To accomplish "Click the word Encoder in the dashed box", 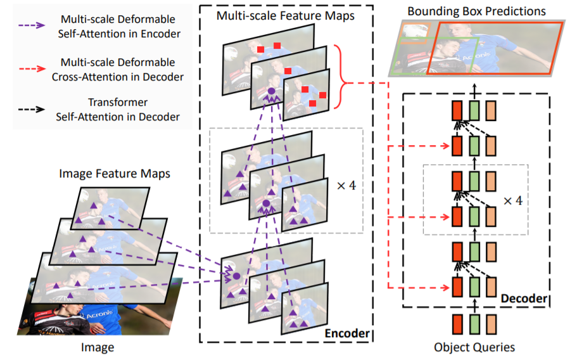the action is click(x=347, y=333).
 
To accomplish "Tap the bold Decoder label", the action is click(x=524, y=298).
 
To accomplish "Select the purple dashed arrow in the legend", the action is click(x=32, y=25).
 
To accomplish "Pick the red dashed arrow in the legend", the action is click(x=32, y=68).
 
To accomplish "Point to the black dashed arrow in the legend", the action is click(x=32, y=109).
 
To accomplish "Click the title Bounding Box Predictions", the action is click(x=476, y=11).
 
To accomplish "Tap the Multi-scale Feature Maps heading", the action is click(x=286, y=16).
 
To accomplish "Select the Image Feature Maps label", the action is click(x=115, y=174).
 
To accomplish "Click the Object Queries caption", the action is click(x=474, y=347).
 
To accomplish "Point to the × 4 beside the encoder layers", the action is click(x=346, y=186).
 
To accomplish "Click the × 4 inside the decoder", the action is click(x=513, y=200).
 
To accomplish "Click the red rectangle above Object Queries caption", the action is click(x=457, y=325).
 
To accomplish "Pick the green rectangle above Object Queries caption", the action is click(x=474, y=325).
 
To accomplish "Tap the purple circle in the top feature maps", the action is click(x=271, y=91).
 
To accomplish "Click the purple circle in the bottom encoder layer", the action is click(x=237, y=276).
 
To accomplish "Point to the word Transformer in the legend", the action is click(x=118, y=102).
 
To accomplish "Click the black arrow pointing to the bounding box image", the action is click(x=474, y=90).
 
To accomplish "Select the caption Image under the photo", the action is click(x=98, y=347).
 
